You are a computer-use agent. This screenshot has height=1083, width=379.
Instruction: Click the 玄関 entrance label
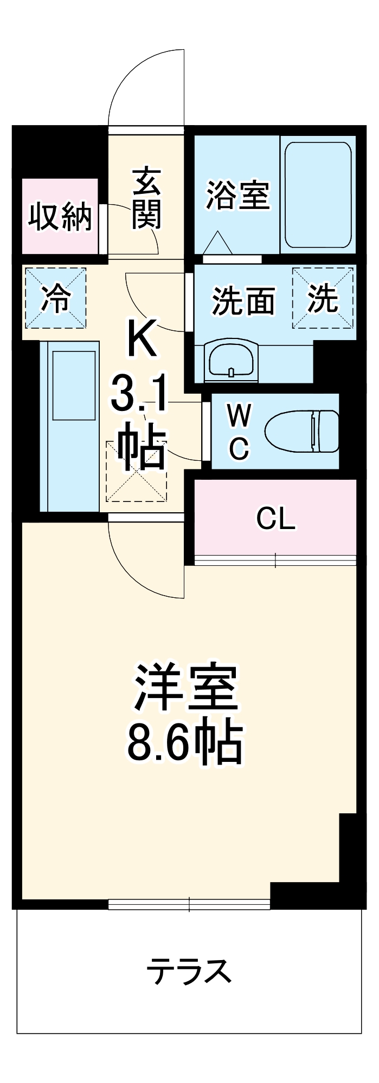coord(147,198)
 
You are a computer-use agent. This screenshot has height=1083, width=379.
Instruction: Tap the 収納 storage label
coord(60,217)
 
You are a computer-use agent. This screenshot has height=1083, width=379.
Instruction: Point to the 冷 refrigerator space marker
coord(55,298)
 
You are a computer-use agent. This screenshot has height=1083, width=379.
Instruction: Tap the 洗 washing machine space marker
coord(323,298)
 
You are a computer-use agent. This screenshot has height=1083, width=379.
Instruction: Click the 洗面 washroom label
coord(243,301)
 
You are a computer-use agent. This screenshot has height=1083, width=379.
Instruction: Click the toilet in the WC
coord(302,431)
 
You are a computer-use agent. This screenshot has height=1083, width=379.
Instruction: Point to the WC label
coord(239,432)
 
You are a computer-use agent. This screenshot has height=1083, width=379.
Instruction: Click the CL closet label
coord(275,519)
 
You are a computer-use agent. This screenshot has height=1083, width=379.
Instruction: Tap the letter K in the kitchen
coord(142,338)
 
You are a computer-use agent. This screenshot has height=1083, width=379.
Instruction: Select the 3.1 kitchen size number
coord(140,395)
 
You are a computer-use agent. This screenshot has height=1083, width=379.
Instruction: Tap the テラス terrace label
coord(189,971)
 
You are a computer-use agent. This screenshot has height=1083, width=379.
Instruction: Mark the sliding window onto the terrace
coord(189,904)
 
